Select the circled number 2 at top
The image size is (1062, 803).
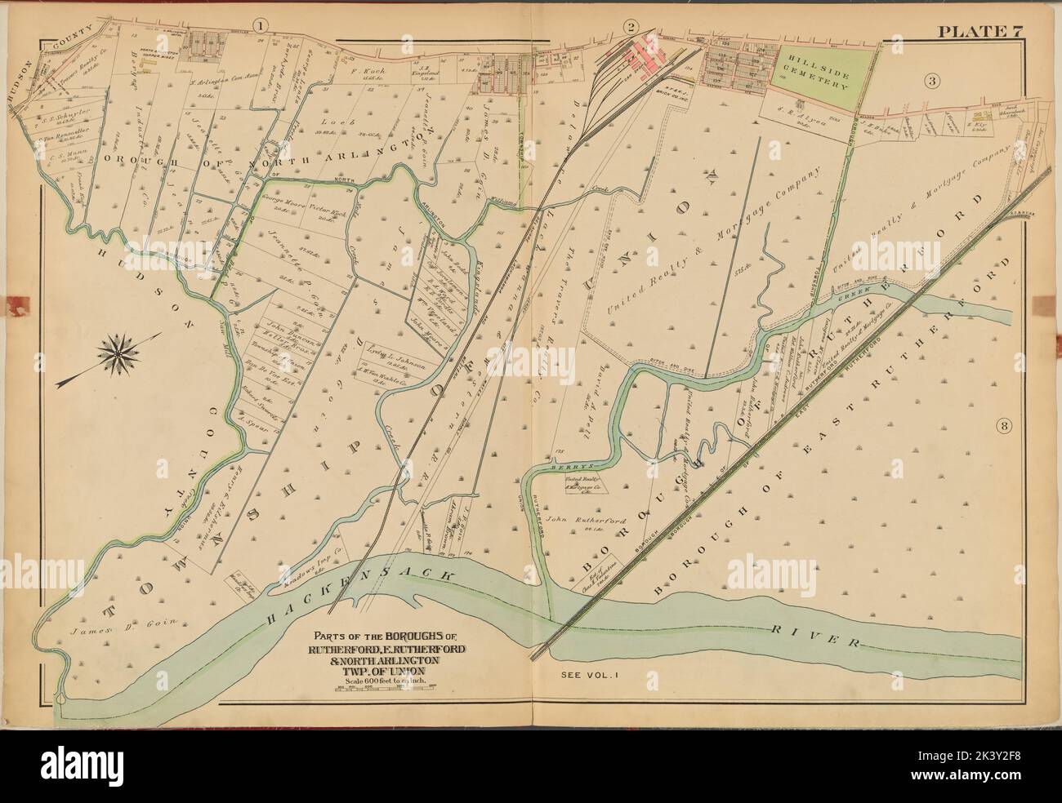pos(653,27)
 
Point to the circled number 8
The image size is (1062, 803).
pos(1005,424)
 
